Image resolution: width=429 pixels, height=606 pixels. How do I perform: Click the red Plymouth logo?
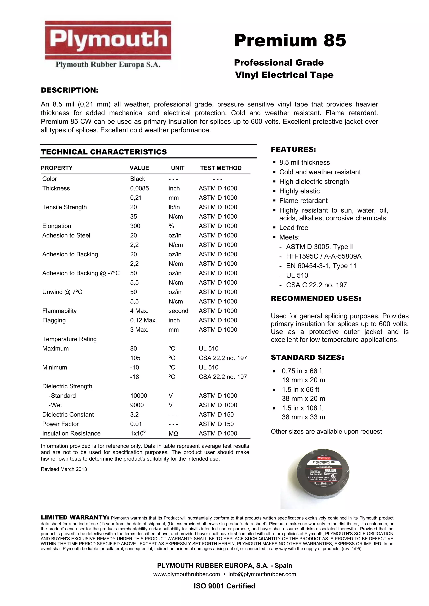(x=108, y=40)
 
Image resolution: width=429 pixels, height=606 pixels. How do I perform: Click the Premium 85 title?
(x=290, y=40)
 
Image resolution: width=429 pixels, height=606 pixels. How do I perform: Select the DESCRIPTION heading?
(x=70, y=90)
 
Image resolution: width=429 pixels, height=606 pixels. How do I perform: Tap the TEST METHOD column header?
(x=221, y=168)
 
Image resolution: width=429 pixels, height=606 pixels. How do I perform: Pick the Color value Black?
(x=137, y=179)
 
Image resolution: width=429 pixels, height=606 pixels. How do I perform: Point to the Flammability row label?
(x=59, y=311)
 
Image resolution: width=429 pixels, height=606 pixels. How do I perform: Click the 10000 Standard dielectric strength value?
(x=138, y=396)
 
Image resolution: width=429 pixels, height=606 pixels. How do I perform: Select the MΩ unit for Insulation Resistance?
(x=173, y=433)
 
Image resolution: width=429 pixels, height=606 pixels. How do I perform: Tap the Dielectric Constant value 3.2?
(x=134, y=415)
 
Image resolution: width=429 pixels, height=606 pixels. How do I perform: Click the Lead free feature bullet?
(x=293, y=228)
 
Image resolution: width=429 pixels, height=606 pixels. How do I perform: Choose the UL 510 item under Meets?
(x=297, y=276)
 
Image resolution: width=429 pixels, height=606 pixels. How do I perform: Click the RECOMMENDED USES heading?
(x=316, y=299)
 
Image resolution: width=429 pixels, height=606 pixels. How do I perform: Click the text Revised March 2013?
(x=64, y=469)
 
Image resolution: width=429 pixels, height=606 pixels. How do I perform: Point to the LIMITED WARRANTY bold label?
(x=75, y=518)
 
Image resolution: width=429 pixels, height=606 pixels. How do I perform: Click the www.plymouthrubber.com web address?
(x=186, y=574)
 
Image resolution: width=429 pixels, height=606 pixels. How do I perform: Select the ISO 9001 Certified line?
(x=224, y=586)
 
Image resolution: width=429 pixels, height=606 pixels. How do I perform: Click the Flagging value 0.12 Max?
(x=143, y=320)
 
